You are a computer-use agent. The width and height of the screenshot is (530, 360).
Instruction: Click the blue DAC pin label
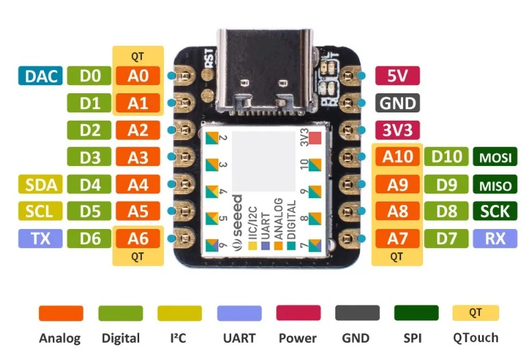pyautogui.click(x=40, y=75)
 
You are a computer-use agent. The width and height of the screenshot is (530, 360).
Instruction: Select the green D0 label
pyautogui.click(x=89, y=75)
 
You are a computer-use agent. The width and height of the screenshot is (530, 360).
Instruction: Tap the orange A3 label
pyautogui.click(x=138, y=157)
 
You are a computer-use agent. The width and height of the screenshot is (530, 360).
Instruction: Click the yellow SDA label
pyautogui.click(x=40, y=184)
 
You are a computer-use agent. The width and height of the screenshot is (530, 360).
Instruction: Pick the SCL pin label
pyautogui.click(x=40, y=211)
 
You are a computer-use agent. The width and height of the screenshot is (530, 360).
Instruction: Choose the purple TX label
pyautogui.click(x=40, y=239)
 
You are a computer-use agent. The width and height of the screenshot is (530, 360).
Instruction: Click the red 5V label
pyautogui.click(x=398, y=75)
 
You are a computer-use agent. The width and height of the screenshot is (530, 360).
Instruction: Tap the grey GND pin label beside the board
pyautogui.click(x=398, y=103)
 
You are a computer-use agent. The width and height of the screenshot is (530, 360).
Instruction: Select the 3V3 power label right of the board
pyautogui.click(x=398, y=130)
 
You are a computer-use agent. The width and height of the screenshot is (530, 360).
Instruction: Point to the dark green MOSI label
pyautogui.click(x=495, y=157)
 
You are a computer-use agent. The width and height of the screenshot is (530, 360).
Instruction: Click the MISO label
pyautogui.click(x=495, y=184)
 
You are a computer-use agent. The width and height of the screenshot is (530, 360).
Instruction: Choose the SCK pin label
pyautogui.click(x=495, y=211)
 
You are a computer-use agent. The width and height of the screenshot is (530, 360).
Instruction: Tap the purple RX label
pyautogui.click(x=495, y=239)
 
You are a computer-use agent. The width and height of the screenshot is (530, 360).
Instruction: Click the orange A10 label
pyautogui.click(x=398, y=157)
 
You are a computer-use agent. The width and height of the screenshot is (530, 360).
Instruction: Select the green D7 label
pyautogui.click(x=446, y=239)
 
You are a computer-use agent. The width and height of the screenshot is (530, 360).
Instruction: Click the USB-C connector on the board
pyautogui.click(x=265, y=71)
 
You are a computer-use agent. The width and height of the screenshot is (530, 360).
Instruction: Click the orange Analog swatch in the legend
pyautogui.click(x=61, y=313)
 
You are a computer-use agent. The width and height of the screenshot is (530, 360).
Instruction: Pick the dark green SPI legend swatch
pyautogui.click(x=416, y=313)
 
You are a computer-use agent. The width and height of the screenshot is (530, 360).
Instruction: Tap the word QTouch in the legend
pyautogui.click(x=476, y=337)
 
